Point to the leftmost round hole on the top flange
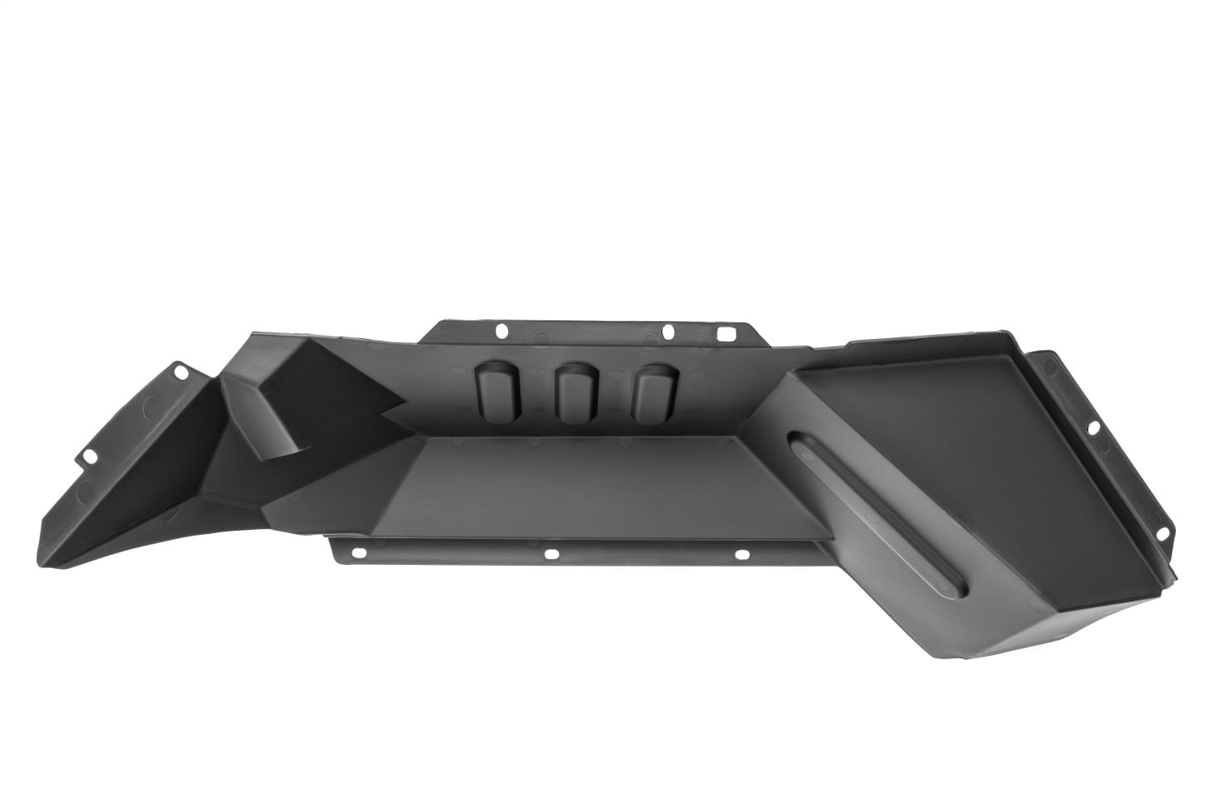tap(501, 331)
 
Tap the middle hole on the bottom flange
tap(551, 554)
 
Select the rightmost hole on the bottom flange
tap(740, 555)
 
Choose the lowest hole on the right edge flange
tap(1162, 532)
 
